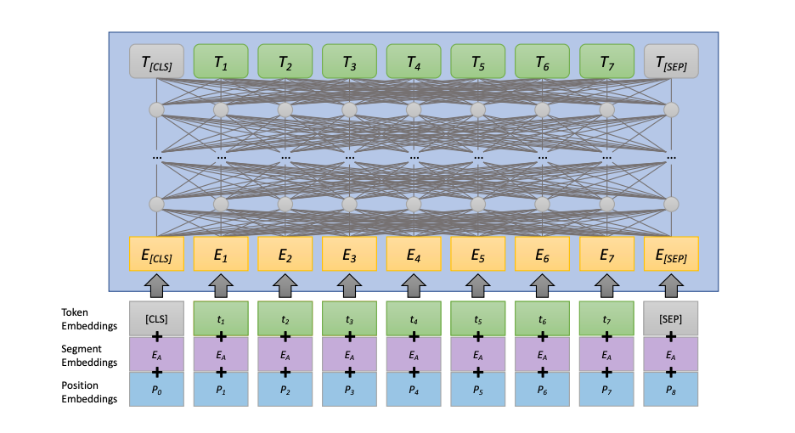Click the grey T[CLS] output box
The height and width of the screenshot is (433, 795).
coord(156,62)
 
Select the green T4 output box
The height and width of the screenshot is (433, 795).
coord(414,62)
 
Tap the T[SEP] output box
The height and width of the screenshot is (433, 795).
coord(671,62)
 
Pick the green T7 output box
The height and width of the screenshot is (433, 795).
coord(606,62)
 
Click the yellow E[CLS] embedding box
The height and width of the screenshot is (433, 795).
coord(156,253)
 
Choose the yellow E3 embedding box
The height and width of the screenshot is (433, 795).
coord(349,253)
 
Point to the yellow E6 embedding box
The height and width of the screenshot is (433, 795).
coord(542,253)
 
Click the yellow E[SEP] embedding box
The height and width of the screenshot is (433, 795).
coord(671,253)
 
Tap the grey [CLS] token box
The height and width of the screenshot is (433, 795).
coord(156,318)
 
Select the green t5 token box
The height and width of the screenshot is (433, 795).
coord(478,318)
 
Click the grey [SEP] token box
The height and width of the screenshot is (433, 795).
coord(671,318)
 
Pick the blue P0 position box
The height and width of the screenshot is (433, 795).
coord(156,389)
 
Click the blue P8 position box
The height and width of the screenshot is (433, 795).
coord(671,389)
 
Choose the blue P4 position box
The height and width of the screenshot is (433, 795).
coord(414,389)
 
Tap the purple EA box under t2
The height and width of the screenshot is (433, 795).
coord(285,353)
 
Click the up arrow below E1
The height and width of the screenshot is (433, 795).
coord(221,285)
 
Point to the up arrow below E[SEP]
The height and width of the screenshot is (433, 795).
coord(671,285)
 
